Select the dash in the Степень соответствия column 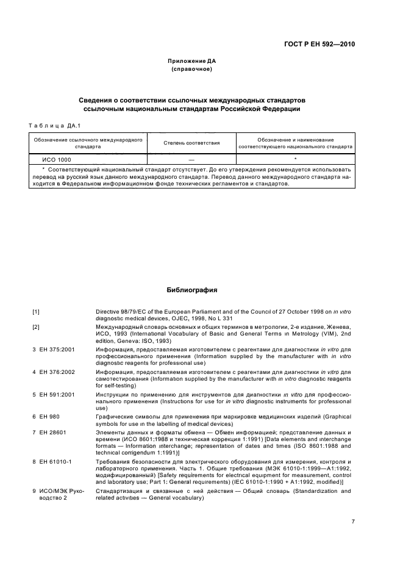192,159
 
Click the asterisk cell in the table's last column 295,159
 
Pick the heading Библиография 192,290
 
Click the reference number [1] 36,312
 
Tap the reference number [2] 36,328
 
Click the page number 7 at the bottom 353,522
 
